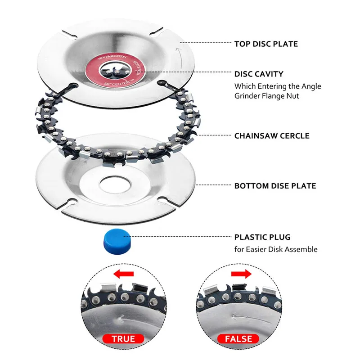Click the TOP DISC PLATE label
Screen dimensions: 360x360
tap(266, 44)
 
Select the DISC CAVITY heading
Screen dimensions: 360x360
tap(259, 74)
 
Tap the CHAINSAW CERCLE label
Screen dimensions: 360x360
tap(272, 135)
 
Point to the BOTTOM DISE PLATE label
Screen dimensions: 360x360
tap(275, 185)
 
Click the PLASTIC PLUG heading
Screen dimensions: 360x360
tap(262, 237)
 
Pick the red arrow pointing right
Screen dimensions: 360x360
tap(240, 274)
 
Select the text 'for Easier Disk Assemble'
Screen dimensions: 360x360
tap(276, 249)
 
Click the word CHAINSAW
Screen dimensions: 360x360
tap(255, 135)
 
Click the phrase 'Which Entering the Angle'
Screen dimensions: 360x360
tap(278, 85)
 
